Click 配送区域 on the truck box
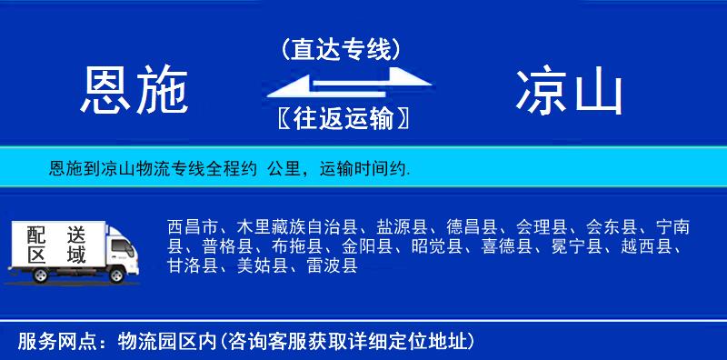click(55, 244)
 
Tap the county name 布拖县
click(294, 246)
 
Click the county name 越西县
click(648, 246)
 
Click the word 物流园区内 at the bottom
click(169, 342)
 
